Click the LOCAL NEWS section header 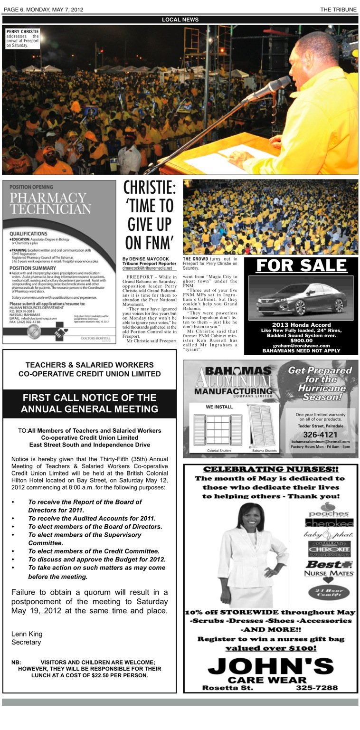(180, 19)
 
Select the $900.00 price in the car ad (302, 341)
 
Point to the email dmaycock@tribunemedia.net (147, 268)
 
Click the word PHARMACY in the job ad (47, 197)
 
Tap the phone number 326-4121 (320, 435)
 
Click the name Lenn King (27, 634)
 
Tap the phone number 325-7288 (317, 688)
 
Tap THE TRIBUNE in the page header (339, 9)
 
